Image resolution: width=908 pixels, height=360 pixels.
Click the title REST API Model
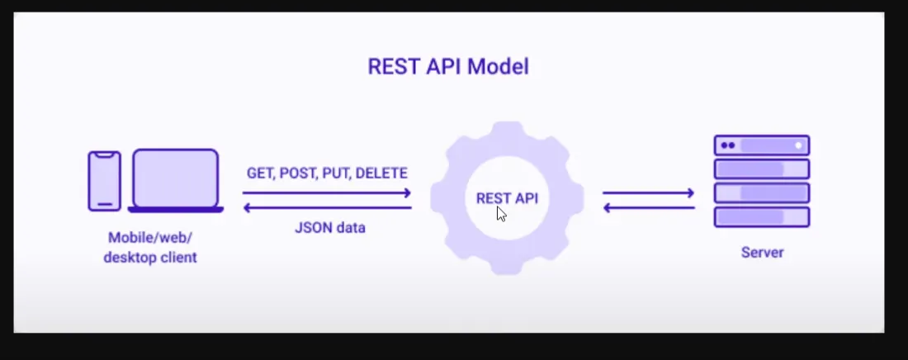(x=447, y=67)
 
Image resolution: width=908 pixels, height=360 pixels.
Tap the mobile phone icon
(x=105, y=180)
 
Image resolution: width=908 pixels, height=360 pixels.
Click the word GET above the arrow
(x=259, y=173)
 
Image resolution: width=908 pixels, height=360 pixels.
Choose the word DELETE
(x=382, y=173)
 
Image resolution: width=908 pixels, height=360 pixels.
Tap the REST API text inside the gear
(x=506, y=198)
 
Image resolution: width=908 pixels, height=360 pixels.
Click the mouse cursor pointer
(x=501, y=214)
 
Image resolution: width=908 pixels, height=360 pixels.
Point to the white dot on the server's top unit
(x=798, y=145)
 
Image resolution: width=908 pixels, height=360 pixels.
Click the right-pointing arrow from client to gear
(x=327, y=193)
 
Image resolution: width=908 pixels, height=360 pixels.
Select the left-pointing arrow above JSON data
(x=327, y=208)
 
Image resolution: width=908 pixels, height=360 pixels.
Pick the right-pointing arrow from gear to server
(x=649, y=193)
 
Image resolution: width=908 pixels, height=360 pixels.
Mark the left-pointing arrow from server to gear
(x=649, y=208)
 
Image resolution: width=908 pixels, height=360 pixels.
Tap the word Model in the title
(x=498, y=67)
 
